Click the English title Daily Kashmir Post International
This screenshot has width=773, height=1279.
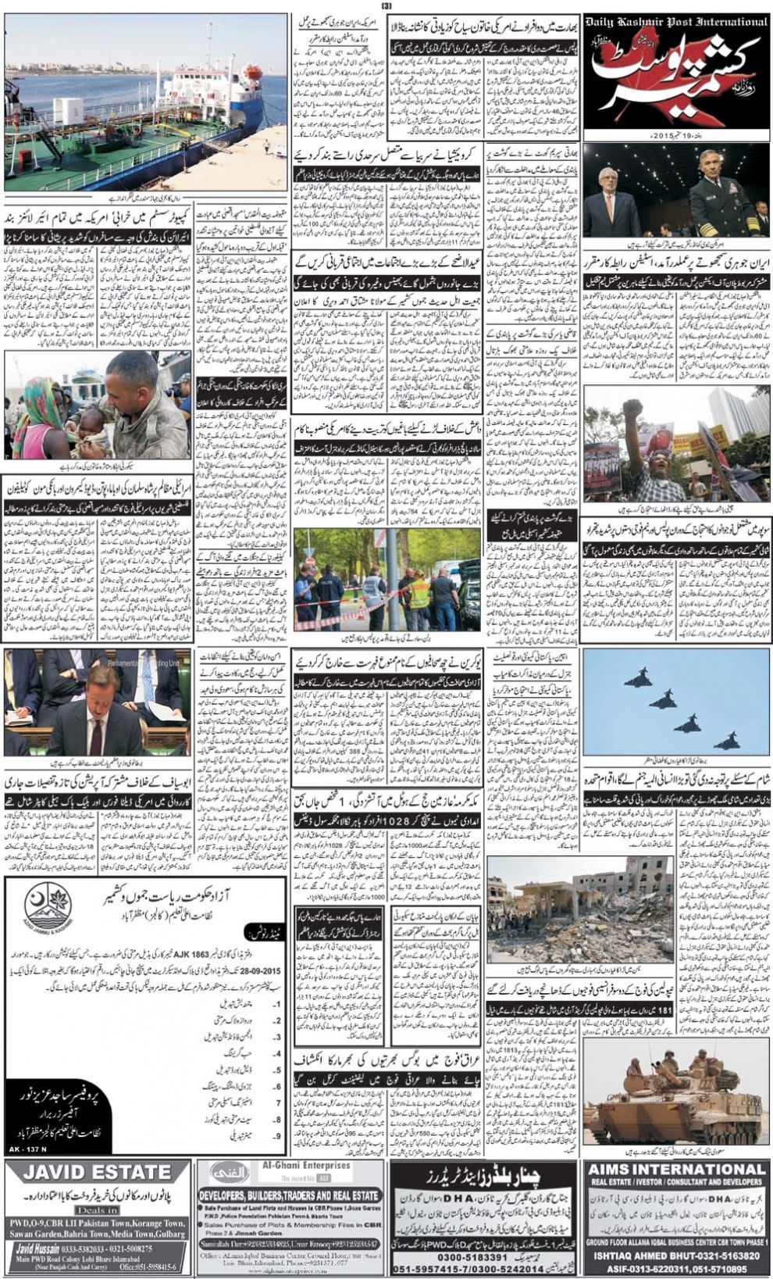click(x=676, y=23)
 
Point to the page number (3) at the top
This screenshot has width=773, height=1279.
click(x=385, y=6)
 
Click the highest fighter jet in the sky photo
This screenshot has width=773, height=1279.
click(x=639, y=679)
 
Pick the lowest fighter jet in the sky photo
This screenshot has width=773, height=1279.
click(x=726, y=739)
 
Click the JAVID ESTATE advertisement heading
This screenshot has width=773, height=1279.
click(x=97, y=1172)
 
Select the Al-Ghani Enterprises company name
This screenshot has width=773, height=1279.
click(x=312, y=1166)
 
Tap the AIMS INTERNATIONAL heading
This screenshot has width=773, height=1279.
click(x=676, y=1170)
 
